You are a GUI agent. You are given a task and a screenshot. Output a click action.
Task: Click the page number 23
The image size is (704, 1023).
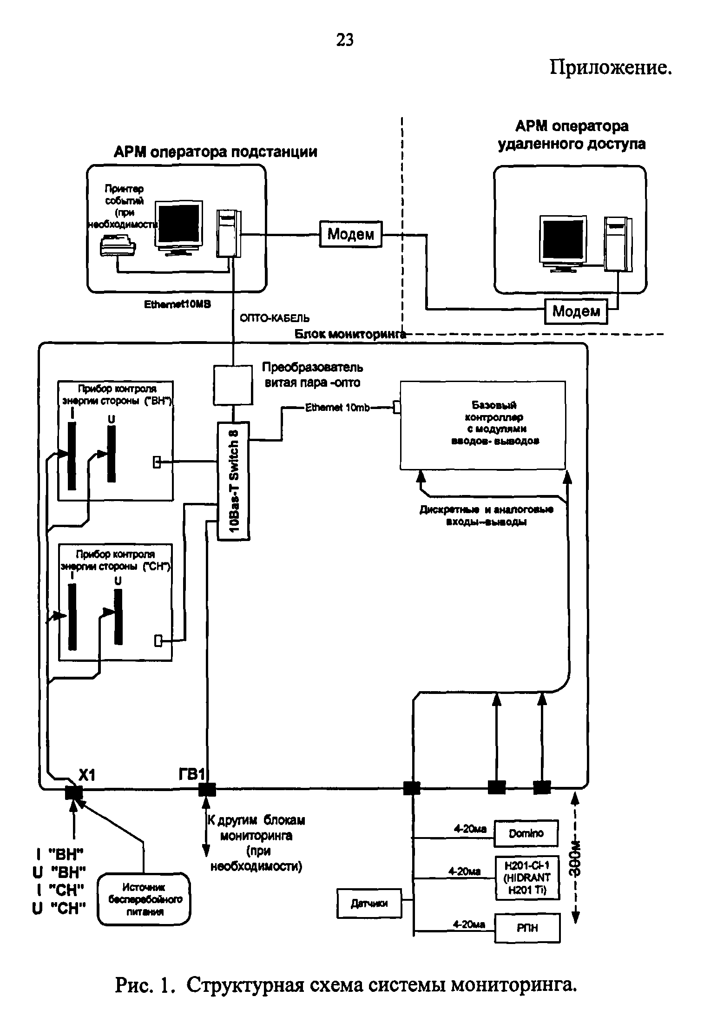tap(344, 40)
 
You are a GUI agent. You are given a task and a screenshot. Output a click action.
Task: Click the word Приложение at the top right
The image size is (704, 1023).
tap(611, 68)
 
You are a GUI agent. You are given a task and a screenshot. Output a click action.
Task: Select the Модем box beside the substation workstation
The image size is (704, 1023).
tap(350, 234)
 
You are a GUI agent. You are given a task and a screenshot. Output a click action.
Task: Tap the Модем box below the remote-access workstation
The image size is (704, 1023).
tap(576, 311)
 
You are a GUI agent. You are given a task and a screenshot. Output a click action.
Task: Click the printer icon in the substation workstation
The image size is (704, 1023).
tap(118, 245)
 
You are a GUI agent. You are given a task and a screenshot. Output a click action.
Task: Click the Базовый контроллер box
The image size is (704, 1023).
tap(483, 425)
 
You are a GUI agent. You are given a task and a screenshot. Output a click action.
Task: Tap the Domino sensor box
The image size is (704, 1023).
tap(526, 834)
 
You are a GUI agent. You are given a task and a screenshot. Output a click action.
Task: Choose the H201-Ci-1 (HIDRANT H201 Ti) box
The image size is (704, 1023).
tap(526, 878)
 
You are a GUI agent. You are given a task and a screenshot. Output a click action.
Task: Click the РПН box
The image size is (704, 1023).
tap(527, 928)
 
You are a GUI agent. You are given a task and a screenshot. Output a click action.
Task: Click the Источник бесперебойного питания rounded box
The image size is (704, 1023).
tap(145, 899)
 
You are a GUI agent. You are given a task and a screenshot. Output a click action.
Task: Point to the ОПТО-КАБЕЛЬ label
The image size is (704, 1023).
tap(275, 318)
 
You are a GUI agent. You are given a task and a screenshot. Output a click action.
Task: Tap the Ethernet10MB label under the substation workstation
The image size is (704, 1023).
tap(177, 304)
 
